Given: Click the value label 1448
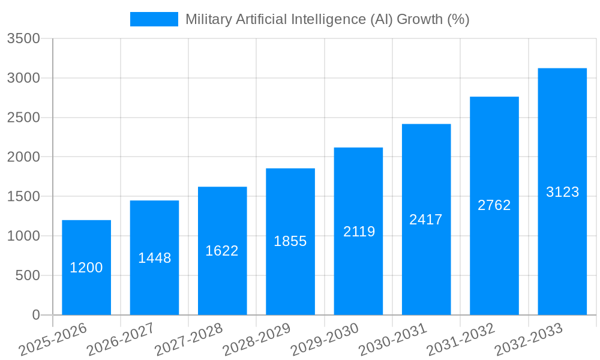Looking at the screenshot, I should (x=155, y=258).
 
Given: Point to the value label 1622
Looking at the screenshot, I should (x=222, y=251).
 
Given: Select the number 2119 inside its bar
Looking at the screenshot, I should (x=359, y=232).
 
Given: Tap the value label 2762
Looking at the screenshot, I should (x=494, y=205).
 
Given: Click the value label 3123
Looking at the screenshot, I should (x=562, y=192).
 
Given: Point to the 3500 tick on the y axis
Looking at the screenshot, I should (x=23, y=39).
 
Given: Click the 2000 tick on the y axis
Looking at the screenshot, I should (x=23, y=157).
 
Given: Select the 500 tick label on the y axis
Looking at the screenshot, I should (x=28, y=275).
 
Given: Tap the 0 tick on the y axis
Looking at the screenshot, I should (x=36, y=315).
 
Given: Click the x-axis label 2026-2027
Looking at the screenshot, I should (x=121, y=340).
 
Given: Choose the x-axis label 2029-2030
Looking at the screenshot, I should (x=325, y=340).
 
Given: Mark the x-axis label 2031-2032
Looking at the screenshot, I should (x=461, y=340).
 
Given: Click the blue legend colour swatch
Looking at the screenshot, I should (x=154, y=19).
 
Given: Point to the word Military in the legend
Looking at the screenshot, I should (x=208, y=19).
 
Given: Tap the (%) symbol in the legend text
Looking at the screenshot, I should (x=458, y=19).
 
